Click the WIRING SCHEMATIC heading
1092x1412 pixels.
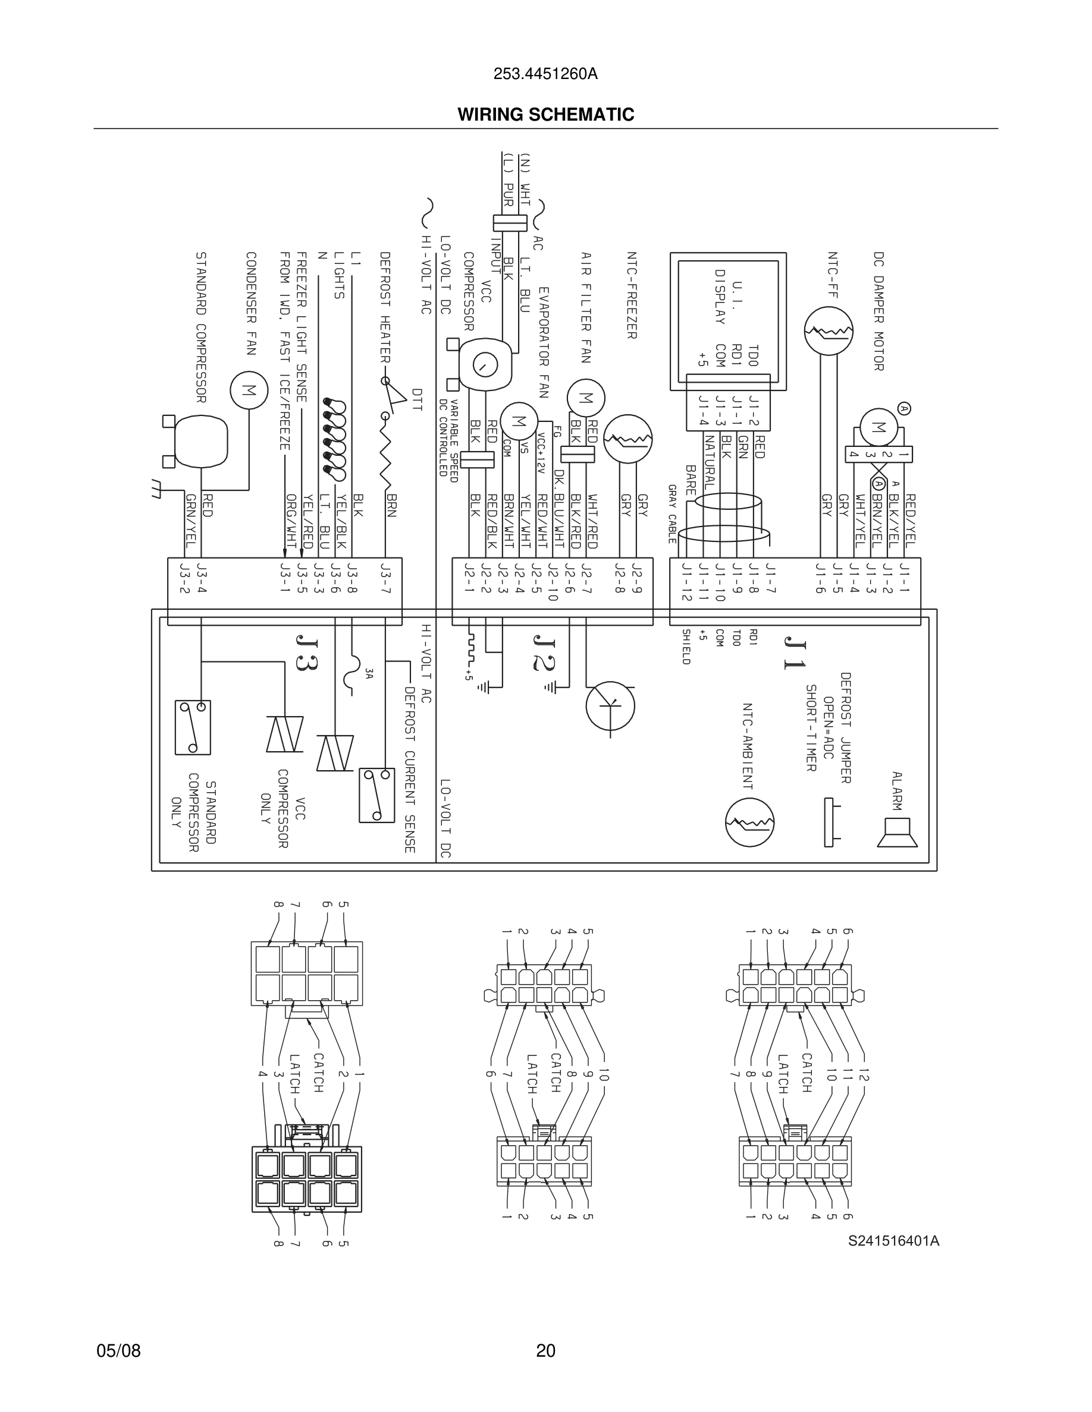[545, 115]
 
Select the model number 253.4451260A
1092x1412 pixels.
[545, 74]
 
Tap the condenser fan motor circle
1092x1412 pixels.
[249, 390]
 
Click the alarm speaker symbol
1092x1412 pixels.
[898, 832]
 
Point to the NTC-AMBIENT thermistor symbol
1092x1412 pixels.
[749, 822]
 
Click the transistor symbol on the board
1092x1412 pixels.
[610, 705]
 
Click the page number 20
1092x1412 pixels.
[545, 1351]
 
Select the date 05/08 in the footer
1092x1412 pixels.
[118, 1351]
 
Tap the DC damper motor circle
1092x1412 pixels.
[878, 427]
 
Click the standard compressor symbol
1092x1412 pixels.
[201, 440]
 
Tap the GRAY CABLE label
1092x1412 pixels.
[672, 513]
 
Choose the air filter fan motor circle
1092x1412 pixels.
[585, 398]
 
